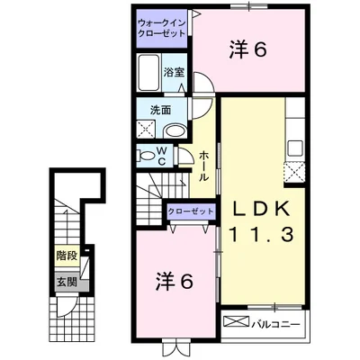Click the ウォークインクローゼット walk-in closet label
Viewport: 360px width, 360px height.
pos(161,26)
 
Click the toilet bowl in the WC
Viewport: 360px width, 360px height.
pos(147,155)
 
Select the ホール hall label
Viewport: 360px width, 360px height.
pos(205,166)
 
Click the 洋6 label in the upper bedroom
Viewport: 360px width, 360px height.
pos(247,51)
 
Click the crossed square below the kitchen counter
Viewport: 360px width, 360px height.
pos(293,171)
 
